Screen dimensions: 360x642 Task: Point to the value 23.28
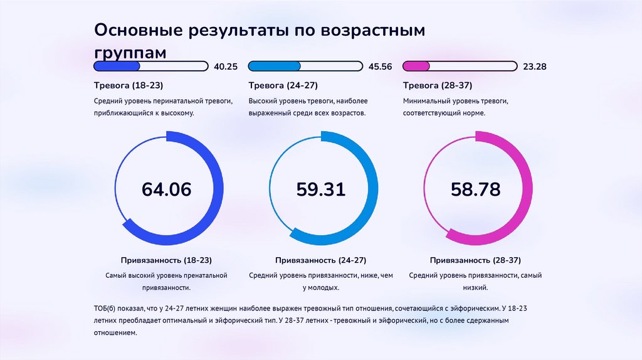(535, 66)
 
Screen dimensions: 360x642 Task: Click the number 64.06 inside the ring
(166, 189)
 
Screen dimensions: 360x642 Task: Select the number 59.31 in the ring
(321, 189)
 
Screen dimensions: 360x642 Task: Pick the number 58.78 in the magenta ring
(476, 189)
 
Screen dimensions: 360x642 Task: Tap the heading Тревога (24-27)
(283, 85)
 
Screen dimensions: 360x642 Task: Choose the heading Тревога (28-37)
(438, 85)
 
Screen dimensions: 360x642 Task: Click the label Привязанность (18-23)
(166, 260)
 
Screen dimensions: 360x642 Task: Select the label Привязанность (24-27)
(321, 260)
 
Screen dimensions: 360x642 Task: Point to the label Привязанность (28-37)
(475, 260)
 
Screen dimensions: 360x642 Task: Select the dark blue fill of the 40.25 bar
(117, 66)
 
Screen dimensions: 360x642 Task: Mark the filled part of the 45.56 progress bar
(275, 66)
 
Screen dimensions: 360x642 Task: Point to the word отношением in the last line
(115, 333)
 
